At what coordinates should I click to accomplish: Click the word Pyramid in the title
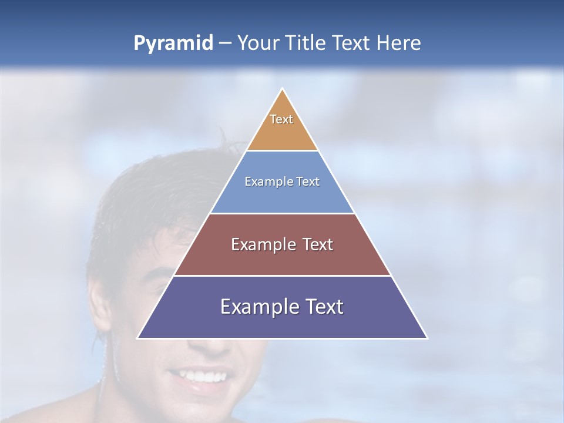(173, 43)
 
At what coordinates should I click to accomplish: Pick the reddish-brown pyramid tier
(282, 258)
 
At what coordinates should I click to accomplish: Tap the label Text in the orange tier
(281, 119)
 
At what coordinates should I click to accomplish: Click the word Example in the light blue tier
(266, 182)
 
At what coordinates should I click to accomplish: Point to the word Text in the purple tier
(324, 307)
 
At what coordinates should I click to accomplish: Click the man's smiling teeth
(200, 374)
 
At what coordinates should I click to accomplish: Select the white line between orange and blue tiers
(282, 150)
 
